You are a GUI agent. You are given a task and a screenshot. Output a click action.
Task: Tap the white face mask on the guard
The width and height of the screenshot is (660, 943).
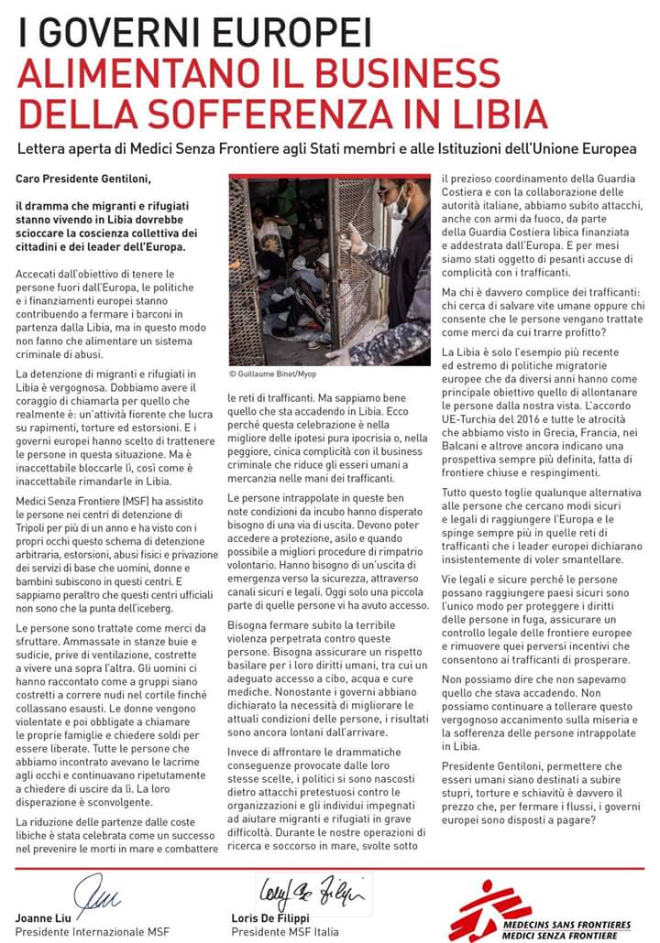click(401, 204)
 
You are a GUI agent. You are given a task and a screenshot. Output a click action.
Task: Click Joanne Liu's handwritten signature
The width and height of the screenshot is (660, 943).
click(91, 893)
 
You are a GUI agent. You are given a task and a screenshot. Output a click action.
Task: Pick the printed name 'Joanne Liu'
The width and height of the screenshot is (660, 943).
click(44, 917)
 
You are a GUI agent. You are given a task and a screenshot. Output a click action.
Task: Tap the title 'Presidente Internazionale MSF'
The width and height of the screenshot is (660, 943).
click(79, 931)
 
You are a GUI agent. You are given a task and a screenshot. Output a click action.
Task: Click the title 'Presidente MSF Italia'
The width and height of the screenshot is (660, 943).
click(284, 931)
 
